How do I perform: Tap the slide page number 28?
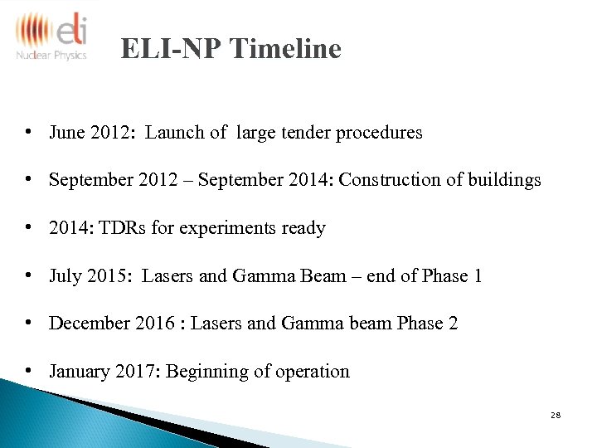click(x=556, y=414)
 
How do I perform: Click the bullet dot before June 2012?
click(x=29, y=132)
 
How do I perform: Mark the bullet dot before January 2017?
click(x=29, y=371)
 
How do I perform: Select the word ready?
click(x=302, y=228)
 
